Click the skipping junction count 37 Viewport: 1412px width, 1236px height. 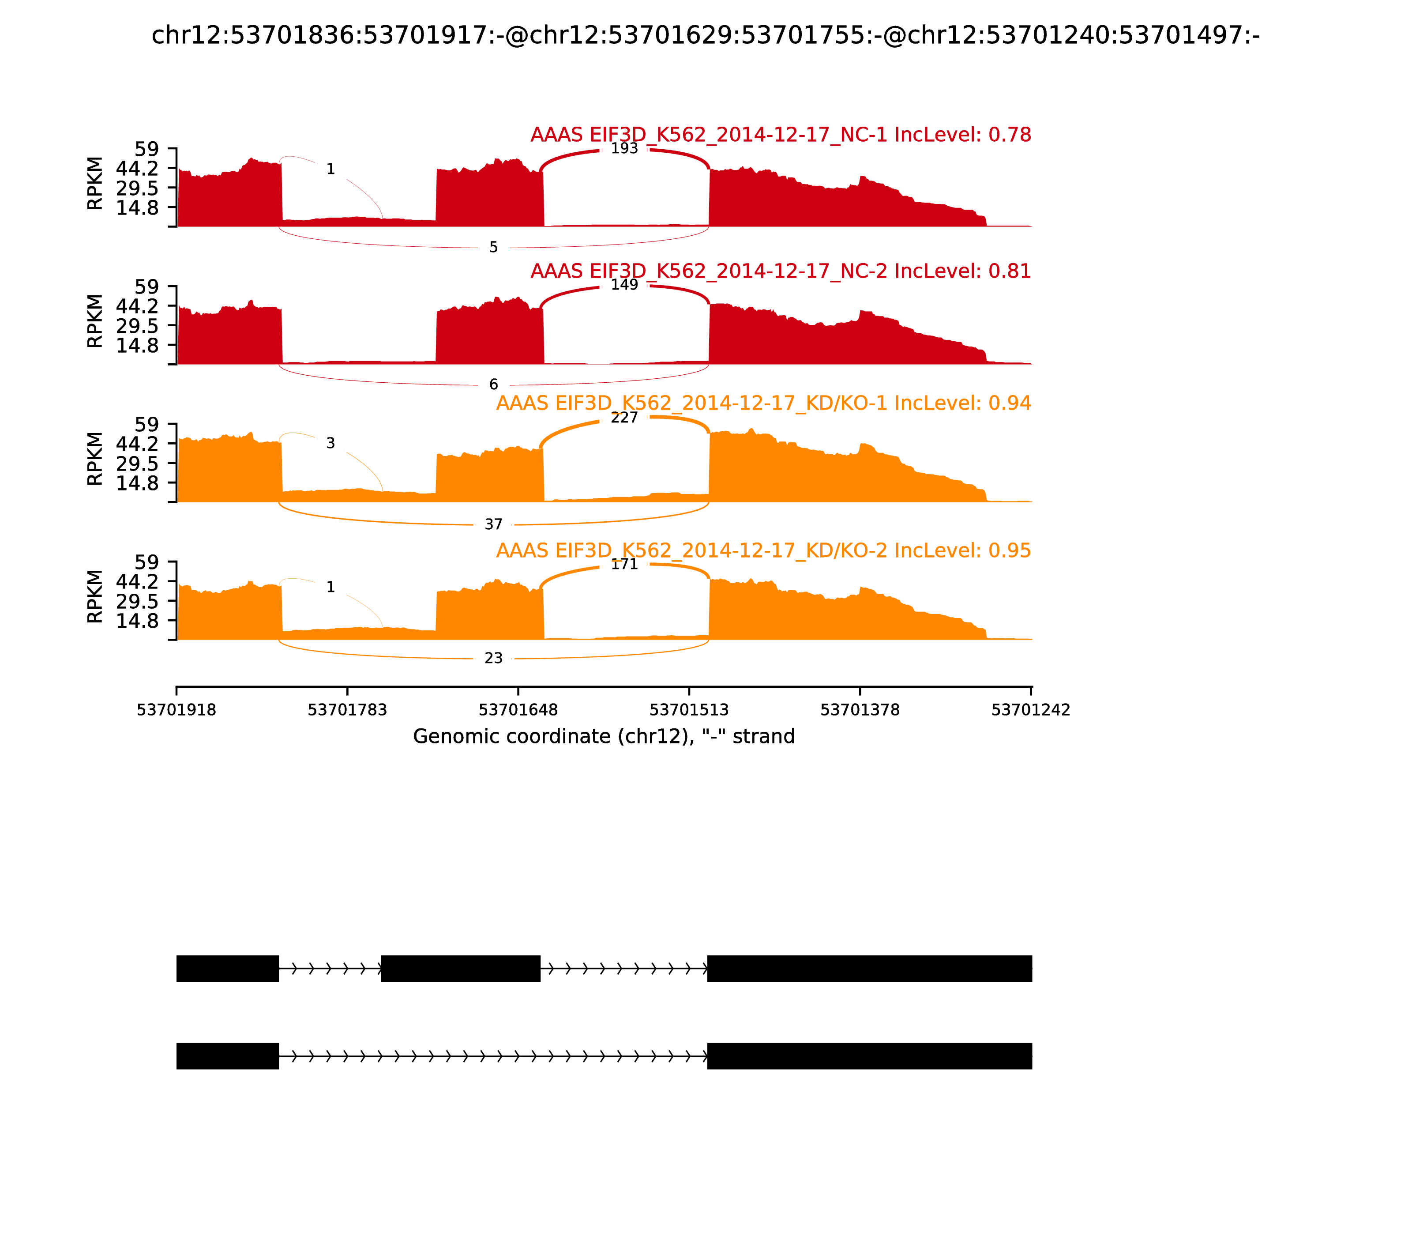click(x=494, y=525)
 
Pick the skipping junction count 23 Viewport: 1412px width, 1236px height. click(x=494, y=659)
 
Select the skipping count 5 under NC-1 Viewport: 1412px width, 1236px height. click(x=494, y=248)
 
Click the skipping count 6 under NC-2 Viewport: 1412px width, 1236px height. click(x=494, y=385)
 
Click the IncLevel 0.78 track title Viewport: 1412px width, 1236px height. click(x=781, y=135)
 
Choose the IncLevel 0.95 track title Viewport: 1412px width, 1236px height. click(x=763, y=550)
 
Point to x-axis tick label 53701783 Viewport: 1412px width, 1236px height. click(x=348, y=710)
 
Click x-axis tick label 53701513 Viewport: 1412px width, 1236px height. click(x=689, y=710)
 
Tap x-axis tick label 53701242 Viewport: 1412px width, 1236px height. click(x=1031, y=710)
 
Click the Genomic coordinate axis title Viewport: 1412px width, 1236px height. click(x=604, y=737)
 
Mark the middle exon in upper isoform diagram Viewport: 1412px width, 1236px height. click(x=461, y=968)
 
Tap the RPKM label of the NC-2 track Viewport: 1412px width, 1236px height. click(x=95, y=321)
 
